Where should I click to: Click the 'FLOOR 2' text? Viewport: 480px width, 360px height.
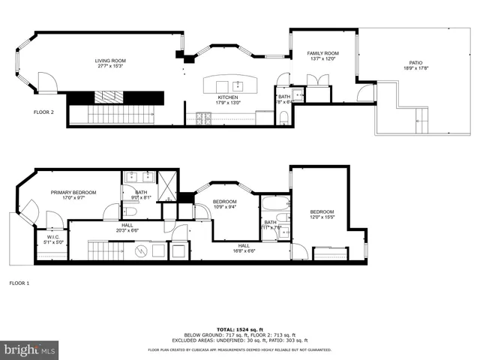43,112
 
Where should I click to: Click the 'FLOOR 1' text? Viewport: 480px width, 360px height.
19,283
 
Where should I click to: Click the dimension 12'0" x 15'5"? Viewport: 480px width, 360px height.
321,217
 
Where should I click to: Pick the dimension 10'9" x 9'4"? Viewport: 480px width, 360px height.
225,207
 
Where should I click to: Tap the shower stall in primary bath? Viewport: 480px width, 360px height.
166,181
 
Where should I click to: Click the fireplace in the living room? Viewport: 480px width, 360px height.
110,97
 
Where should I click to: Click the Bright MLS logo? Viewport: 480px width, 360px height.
30,349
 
